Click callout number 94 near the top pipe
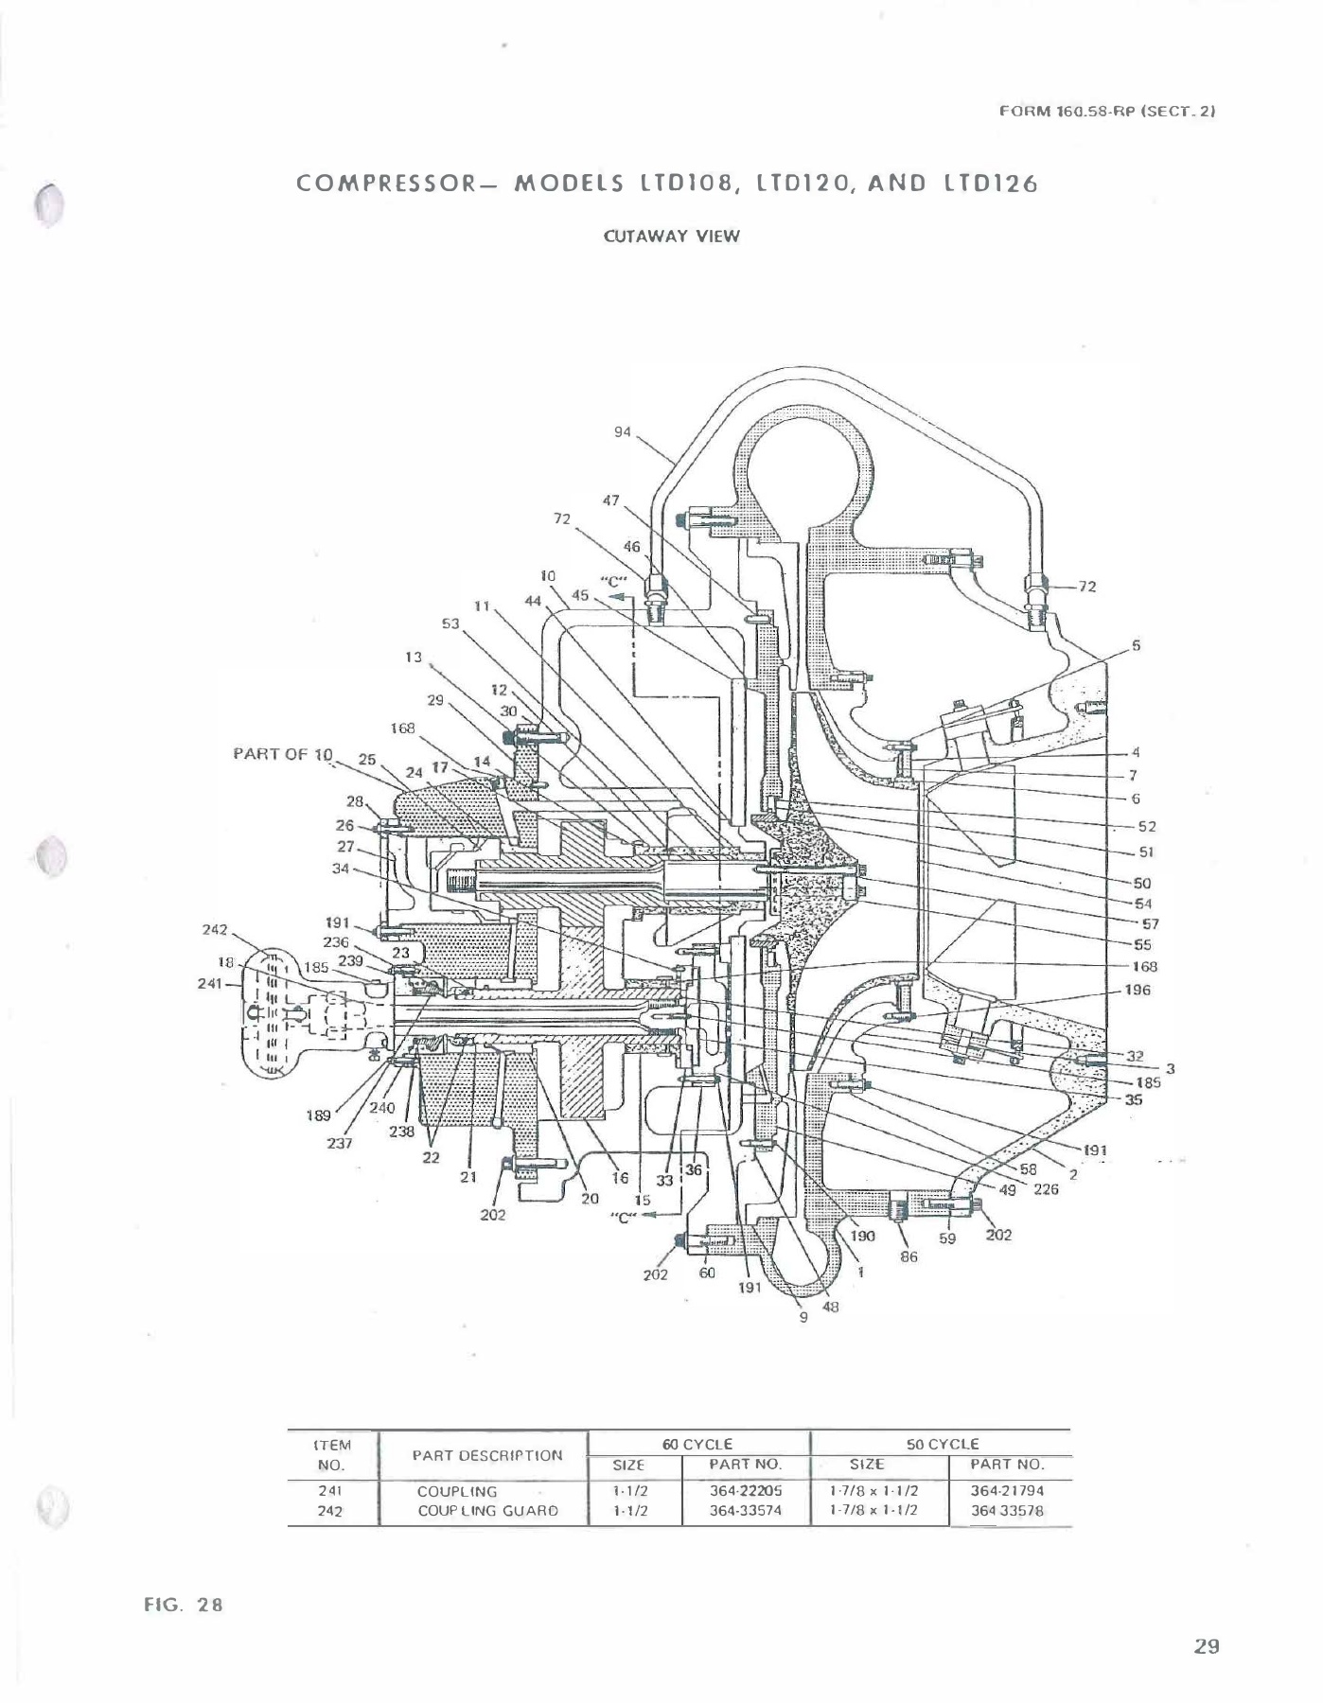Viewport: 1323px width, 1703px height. pos(622,431)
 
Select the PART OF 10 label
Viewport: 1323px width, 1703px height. pos(283,754)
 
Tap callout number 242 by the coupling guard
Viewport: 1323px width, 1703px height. pos(215,929)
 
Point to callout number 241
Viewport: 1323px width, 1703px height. pos(209,983)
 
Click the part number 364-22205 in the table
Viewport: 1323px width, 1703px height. pos(746,1490)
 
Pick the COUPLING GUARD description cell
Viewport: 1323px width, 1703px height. pos(487,1511)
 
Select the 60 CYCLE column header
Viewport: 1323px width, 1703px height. pos(697,1444)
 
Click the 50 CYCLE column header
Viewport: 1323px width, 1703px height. pos(942,1444)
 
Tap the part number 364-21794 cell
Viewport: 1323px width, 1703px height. pos(1007,1490)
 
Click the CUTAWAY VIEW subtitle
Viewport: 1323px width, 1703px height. pos(671,237)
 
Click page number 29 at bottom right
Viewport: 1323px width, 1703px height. pos(1206,1646)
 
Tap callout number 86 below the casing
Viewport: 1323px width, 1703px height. pos(908,1257)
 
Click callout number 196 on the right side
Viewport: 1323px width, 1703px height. pos(1138,990)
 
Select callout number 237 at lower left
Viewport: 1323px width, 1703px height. pos(339,1143)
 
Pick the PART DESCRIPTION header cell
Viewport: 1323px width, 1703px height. pos(487,1455)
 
